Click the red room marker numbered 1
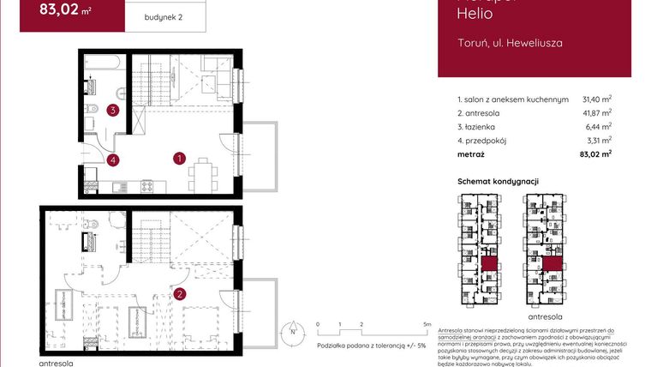180,158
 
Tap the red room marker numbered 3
112,110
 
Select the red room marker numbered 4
113,159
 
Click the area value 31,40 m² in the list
596,99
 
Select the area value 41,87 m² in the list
596,113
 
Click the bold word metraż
471,154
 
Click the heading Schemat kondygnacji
498,181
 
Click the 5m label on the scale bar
425,325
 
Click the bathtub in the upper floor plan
104,63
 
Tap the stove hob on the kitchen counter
146,185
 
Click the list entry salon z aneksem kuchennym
513,99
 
